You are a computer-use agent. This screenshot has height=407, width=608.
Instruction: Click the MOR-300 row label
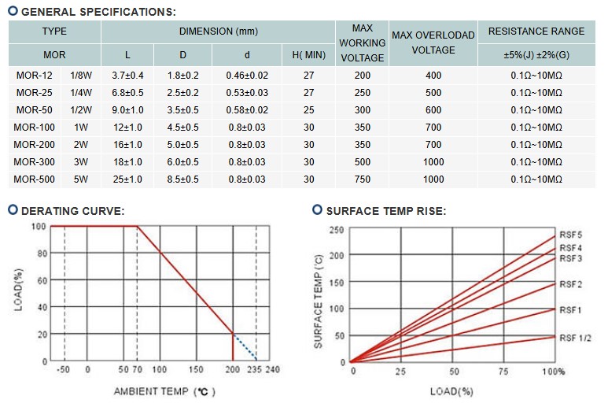[x=35, y=162]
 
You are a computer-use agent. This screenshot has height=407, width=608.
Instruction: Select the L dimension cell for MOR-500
[x=127, y=179]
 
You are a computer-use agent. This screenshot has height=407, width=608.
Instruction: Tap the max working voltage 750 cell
[x=362, y=179]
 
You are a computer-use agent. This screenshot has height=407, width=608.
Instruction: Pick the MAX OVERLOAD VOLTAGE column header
[x=433, y=43]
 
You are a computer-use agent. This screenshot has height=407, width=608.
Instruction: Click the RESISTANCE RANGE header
[x=536, y=31]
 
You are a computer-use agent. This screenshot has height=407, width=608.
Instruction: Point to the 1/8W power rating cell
[x=80, y=76]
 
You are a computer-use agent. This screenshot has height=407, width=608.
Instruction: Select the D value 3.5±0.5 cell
[x=182, y=110]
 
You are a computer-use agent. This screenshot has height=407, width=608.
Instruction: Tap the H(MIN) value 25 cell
[x=308, y=110]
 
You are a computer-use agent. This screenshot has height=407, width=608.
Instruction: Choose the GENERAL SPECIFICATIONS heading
[x=98, y=12]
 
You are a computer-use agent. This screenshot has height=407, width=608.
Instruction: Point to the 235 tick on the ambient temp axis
[x=253, y=369]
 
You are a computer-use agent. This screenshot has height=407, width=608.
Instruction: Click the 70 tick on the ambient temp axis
[x=137, y=369]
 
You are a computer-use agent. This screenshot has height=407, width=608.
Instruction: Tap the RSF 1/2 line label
[x=574, y=337]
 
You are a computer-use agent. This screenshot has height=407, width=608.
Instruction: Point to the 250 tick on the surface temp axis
[x=337, y=230]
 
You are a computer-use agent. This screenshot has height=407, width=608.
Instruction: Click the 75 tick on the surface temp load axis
[x=503, y=371]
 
